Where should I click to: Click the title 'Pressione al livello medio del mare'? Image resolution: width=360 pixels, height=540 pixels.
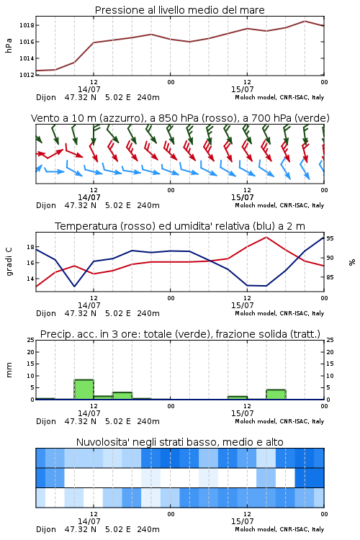point(179,10)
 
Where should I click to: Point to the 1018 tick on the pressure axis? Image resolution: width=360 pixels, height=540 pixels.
point(27,25)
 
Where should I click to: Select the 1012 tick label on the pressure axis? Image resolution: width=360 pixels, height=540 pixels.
point(27,75)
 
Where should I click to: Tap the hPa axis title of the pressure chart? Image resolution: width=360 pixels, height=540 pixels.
point(9,45)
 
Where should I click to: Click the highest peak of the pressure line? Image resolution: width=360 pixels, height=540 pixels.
point(305,21)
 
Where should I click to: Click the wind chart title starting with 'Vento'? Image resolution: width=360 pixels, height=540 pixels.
point(180,118)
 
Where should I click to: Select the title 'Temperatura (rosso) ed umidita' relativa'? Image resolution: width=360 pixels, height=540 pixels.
point(180,226)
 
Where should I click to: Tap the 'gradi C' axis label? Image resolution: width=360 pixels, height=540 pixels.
point(9,262)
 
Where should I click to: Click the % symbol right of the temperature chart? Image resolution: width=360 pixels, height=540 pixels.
point(352,262)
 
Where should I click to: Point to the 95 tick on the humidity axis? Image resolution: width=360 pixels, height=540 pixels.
point(330,238)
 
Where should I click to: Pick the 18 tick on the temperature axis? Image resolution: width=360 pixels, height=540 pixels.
point(30,247)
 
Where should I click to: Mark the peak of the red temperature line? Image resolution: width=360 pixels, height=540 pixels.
point(266,237)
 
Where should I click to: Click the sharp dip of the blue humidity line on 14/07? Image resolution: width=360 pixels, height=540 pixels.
point(74,286)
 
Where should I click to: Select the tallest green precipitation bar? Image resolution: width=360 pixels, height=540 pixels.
point(84,390)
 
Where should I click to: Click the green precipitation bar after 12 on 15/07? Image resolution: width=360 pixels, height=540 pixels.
point(276,395)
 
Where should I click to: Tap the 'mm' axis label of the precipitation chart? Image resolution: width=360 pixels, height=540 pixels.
point(9,370)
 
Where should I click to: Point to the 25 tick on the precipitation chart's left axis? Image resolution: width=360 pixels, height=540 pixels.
point(31,340)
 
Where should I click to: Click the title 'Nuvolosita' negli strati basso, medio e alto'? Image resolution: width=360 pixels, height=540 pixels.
point(180,442)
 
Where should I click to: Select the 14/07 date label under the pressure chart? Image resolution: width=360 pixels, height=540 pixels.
point(89,89)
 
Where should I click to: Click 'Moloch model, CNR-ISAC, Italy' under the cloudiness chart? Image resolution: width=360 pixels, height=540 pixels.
point(279,529)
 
